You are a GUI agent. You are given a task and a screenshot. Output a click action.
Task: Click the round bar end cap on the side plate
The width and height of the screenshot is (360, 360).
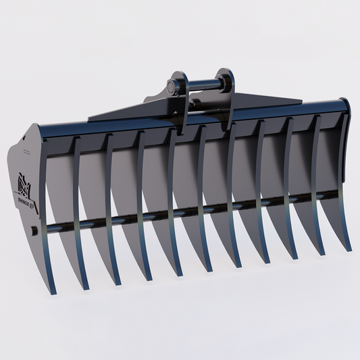33,232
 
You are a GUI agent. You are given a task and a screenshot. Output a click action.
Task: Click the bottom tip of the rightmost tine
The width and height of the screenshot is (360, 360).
349,249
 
